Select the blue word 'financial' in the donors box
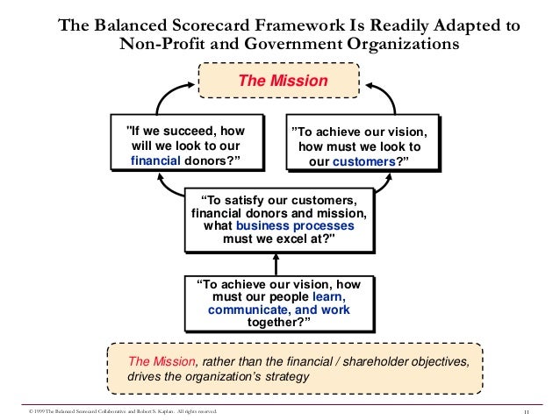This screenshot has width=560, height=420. point(155,160)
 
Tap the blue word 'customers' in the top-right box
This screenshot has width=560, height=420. point(362,163)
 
